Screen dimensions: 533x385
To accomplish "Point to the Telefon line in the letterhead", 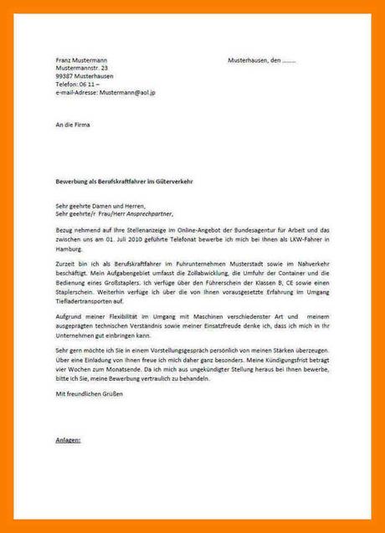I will pos(78,85).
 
